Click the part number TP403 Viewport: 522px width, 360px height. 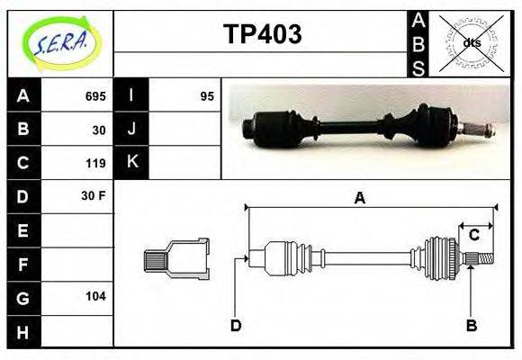[262, 35]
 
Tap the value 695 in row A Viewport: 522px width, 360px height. [95, 96]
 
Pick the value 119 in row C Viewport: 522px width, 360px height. [95, 163]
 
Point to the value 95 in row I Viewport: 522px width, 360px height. [206, 96]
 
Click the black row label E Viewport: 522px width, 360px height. [22, 230]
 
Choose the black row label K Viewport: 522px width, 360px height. [132, 163]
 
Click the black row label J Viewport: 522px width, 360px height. [132, 130]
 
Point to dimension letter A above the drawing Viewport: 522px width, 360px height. [359, 198]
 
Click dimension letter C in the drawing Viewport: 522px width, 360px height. [473, 236]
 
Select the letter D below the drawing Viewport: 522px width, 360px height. [235, 325]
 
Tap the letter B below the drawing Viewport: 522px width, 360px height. [470, 325]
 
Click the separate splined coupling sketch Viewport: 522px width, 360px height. [176, 259]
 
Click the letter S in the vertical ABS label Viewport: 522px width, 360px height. [418, 67]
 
